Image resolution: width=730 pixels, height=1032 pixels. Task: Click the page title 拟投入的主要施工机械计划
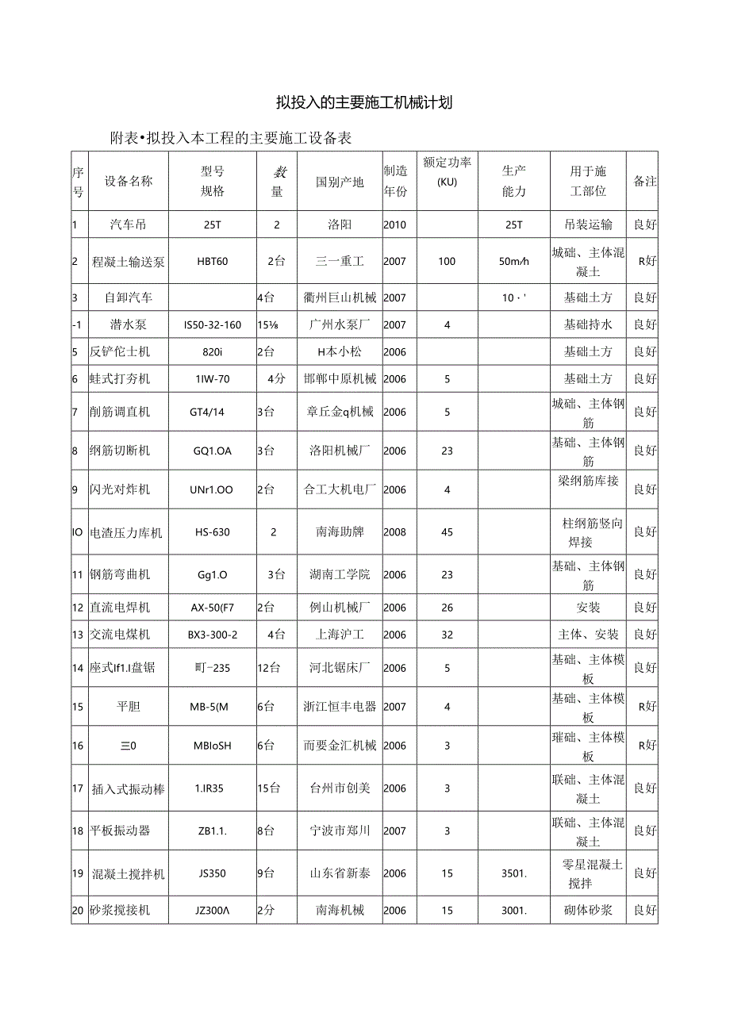364,102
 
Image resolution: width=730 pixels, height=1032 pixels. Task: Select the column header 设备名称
129,181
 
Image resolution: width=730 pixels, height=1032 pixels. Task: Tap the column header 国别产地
340,182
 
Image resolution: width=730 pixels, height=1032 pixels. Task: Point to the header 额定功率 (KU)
447,171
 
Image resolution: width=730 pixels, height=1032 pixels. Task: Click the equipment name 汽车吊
129,224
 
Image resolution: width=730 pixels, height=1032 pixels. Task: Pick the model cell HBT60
213,262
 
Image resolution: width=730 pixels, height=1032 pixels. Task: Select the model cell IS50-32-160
213,324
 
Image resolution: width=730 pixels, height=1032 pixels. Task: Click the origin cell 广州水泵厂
340,324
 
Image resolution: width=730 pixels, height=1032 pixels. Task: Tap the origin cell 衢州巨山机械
340,298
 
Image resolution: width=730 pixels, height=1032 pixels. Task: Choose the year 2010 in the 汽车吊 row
394,224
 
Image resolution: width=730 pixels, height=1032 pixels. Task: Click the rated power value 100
447,262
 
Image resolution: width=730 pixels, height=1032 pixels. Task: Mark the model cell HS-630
213,532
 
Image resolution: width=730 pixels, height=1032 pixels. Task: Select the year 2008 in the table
394,532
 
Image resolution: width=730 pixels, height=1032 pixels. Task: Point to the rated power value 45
447,532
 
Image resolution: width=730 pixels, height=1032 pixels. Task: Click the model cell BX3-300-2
213,635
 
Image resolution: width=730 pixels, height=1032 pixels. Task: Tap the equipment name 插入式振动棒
129,788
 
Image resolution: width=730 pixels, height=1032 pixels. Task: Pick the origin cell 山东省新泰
340,873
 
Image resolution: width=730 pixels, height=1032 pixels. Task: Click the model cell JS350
213,873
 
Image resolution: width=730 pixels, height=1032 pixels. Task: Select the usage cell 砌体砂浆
588,911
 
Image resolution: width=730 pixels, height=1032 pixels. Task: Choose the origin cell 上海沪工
340,635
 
